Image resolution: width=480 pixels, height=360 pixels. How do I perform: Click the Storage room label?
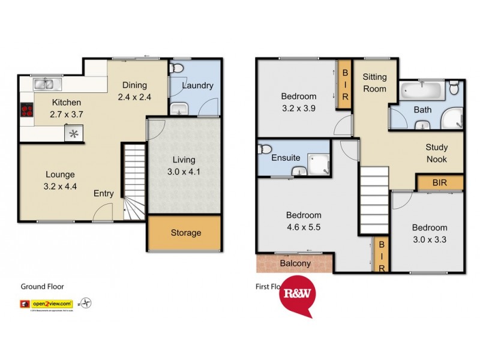point(185,233)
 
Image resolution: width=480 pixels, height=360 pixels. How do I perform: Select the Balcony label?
point(295,263)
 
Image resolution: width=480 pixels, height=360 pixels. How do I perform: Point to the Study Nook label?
point(436,153)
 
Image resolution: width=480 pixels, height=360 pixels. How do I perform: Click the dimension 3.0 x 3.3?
point(429,239)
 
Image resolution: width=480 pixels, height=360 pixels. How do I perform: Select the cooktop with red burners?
point(27,110)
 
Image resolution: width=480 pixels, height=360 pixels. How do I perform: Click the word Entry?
point(103,193)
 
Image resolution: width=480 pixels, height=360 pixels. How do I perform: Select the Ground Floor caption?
point(42,287)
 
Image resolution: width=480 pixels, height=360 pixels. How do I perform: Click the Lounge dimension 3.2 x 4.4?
point(60,186)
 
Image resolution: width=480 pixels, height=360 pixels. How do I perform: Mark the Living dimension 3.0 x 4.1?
point(184,171)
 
